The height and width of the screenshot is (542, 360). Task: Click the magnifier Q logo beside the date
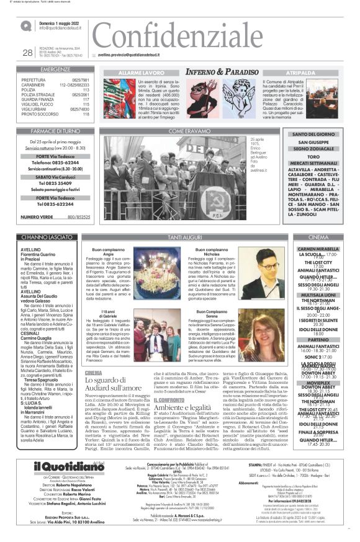click(26, 25)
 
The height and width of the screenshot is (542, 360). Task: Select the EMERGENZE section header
click(56, 70)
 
